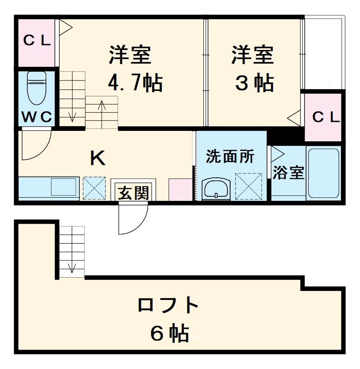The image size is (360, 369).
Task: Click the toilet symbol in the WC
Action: tap(36, 88)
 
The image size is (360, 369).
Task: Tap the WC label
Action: tap(37, 117)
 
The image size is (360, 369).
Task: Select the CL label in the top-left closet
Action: tap(36, 41)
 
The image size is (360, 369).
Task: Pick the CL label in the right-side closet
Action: tap(326, 117)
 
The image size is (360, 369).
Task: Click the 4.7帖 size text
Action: tap(135, 83)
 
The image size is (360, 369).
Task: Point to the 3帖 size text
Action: tap(254, 83)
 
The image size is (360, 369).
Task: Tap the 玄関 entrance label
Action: tap(133, 193)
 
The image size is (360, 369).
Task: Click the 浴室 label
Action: tap(289, 173)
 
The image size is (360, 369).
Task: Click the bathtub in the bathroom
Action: tap(323, 173)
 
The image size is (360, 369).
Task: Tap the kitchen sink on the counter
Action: tap(64, 186)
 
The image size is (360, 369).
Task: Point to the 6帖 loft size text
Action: tap(169, 334)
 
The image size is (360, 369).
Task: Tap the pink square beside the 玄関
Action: tap(181, 189)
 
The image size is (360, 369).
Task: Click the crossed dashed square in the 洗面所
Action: tap(248, 186)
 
